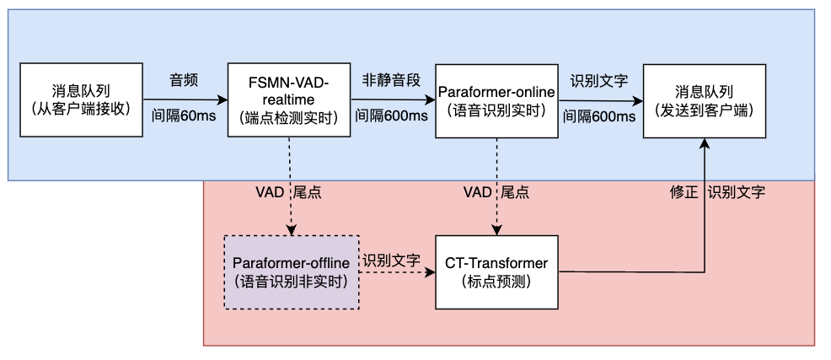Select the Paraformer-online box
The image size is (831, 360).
tap(496, 99)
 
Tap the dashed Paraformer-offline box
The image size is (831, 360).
tap(292, 271)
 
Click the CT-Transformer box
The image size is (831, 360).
tap(496, 271)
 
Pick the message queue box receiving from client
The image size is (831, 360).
tap(81, 99)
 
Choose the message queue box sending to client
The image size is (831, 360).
tap(704, 99)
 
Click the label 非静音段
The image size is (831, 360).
tap(391, 81)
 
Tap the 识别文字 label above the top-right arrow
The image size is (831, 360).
tap(599, 81)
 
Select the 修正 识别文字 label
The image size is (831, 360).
tap(717, 192)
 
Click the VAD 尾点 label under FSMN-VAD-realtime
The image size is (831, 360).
tap(288, 192)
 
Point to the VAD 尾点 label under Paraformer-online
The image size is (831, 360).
tap(496, 192)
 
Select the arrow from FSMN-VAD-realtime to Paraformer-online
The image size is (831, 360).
tap(392, 99)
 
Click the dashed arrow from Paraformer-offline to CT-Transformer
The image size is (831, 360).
tap(396, 273)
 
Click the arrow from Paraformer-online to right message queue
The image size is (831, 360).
tap(600, 99)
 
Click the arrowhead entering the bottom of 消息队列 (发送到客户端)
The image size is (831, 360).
tap(704, 144)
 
